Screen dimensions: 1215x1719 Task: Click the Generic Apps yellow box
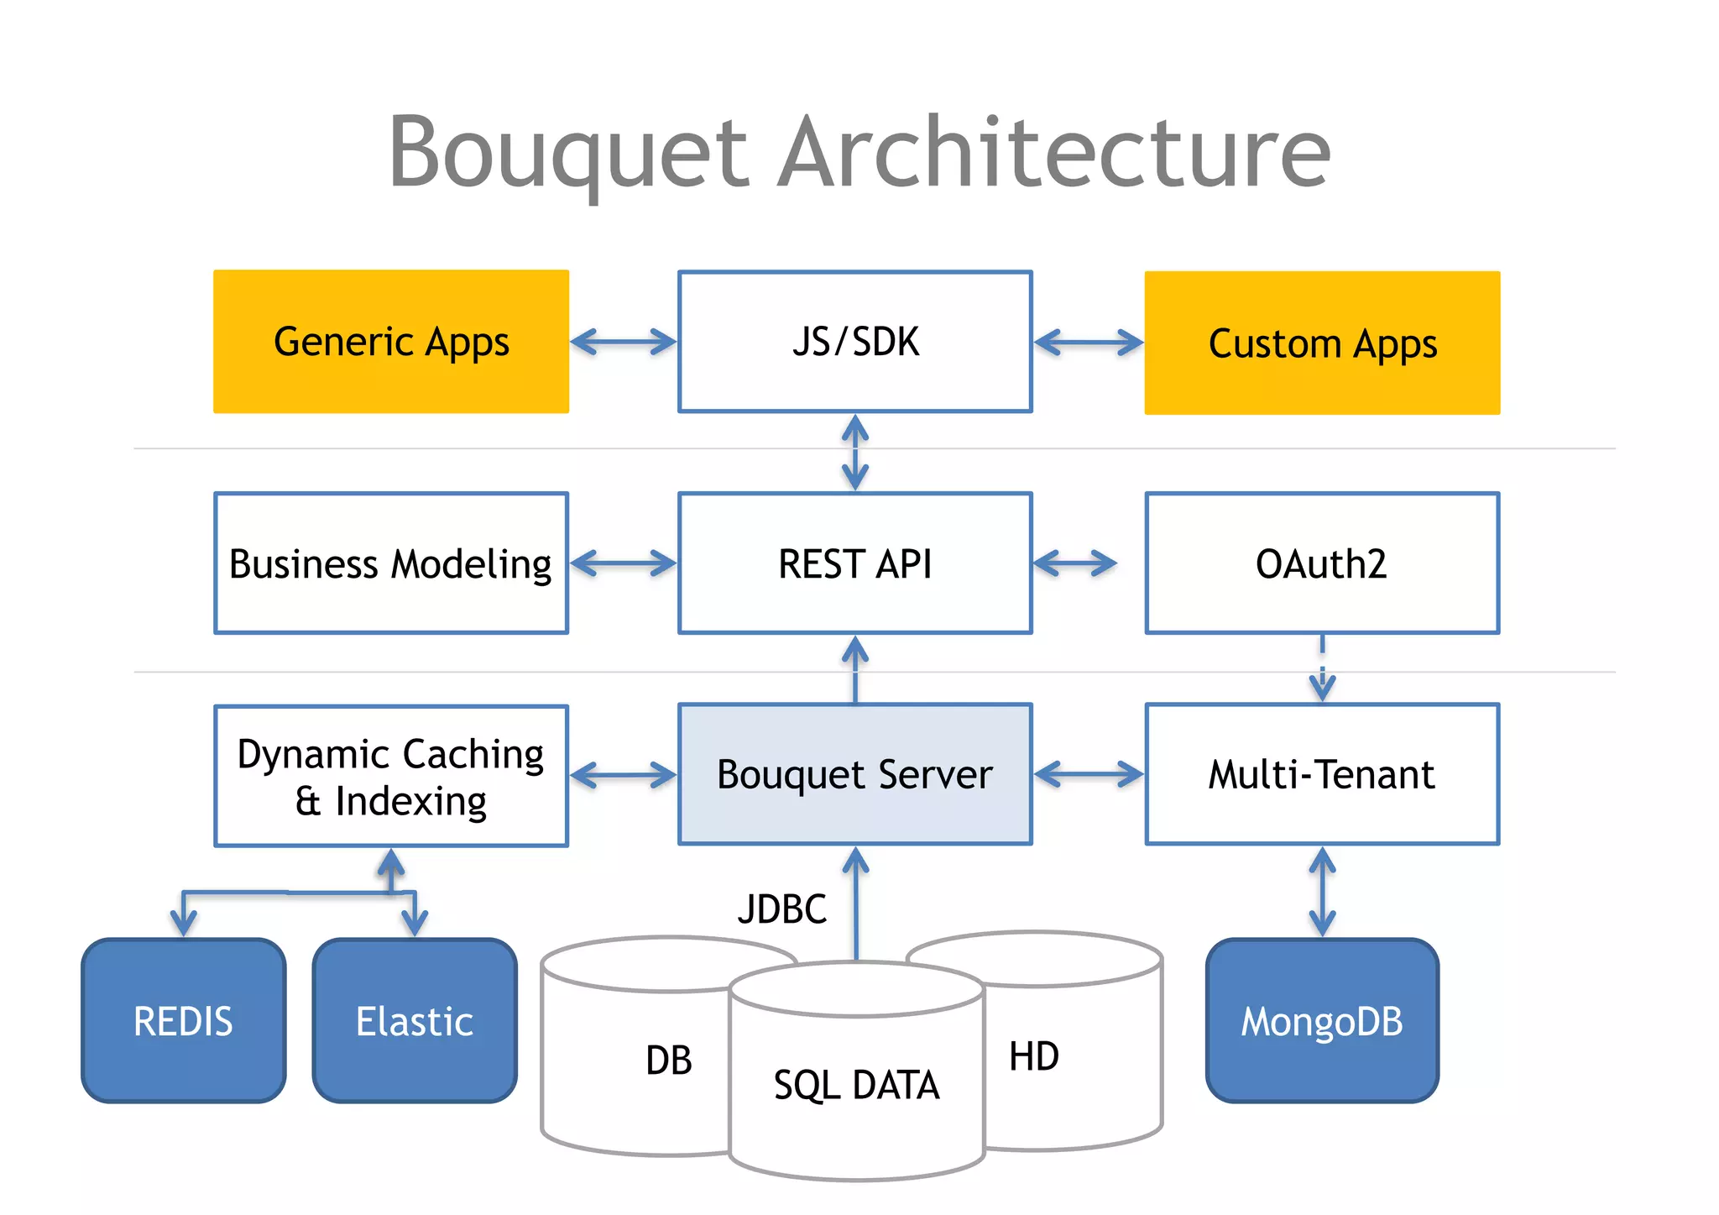click(391, 342)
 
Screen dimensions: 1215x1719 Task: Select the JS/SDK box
click(854, 342)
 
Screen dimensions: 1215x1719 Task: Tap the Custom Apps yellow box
click(1322, 343)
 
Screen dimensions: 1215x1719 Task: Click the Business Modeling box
click(391, 563)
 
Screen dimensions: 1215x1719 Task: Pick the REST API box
click(854, 563)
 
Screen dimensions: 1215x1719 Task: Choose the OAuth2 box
click(1322, 563)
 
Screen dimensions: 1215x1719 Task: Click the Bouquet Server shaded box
click(854, 774)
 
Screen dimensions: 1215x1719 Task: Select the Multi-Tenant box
click(1322, 774)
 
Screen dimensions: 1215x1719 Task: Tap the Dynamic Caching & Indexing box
click(391, 777)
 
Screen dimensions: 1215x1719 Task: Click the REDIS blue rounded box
click(184, 1021)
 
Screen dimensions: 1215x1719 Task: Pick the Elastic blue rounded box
click(415, 1021)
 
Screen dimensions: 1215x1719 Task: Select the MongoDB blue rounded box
click(1322, 1021)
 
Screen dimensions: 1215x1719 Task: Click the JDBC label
click(781, 909)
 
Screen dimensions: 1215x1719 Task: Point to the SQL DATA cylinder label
click(856, 1085)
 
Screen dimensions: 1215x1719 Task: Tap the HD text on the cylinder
click(1034, 1056)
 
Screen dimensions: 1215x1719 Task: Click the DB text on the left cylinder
click(669, 1061)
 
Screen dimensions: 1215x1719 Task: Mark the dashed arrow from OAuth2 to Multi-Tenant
click(1322, 668)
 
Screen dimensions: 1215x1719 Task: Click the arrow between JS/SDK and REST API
click(854, 453)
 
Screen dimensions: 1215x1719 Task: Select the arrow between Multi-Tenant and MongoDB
click(1322, 892)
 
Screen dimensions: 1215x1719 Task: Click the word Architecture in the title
click(1053, 153)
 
